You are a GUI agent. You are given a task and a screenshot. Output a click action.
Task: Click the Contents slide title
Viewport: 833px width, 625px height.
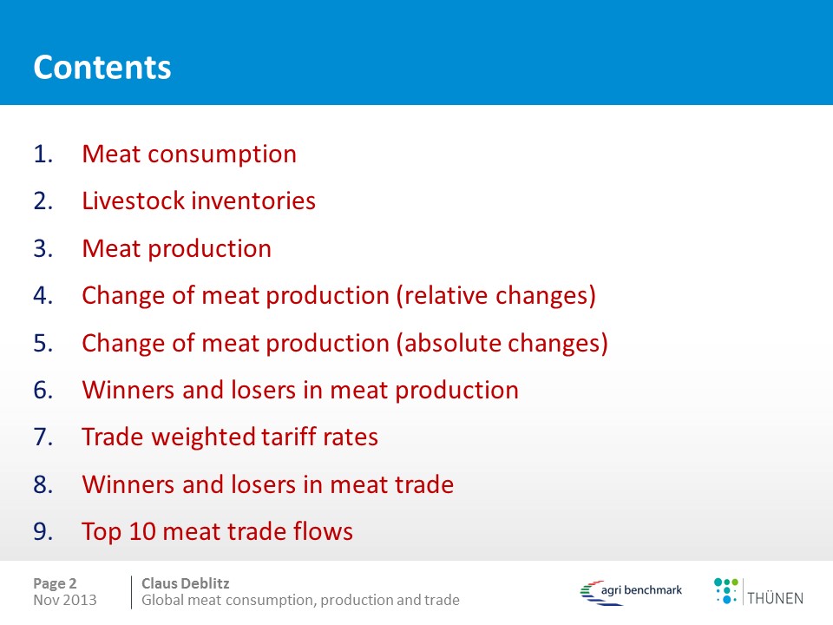click(102, 68)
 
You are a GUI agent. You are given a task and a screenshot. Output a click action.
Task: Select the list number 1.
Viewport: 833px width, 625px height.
click(43, 155)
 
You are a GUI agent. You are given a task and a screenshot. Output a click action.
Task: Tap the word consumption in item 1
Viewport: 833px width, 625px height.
click(222, 155)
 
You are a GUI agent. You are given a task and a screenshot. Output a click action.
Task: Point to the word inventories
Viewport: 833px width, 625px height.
click(254, 201)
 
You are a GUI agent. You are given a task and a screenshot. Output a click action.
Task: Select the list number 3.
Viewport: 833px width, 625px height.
click(43, 249)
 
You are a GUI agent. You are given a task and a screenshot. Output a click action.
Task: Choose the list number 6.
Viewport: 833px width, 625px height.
click(43, 390)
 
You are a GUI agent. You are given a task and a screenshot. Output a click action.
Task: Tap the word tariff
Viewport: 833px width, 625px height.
click(285, 437)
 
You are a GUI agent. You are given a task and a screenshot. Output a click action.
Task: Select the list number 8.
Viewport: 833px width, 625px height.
click(43, 484)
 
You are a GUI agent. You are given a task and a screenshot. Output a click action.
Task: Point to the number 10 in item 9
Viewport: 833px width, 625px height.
click(141, 531)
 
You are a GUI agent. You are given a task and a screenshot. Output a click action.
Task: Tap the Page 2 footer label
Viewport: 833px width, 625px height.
click(55, 583)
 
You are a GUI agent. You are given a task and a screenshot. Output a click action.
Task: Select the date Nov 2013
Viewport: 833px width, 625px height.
click(65, 600)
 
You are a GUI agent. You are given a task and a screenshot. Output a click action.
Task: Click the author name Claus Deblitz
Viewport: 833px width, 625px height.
click(186, 583)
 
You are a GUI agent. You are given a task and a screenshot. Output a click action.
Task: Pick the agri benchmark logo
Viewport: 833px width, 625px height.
click(631, 592)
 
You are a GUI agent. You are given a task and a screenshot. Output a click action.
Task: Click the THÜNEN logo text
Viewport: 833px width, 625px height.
click(775, 598)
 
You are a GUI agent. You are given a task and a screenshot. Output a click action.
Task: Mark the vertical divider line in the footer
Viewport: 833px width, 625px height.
click(131, 592)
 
